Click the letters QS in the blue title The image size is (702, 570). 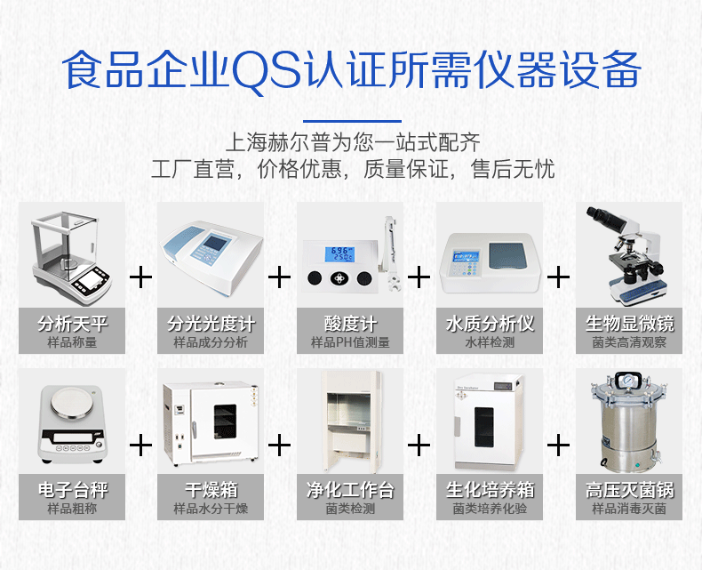point(267,72)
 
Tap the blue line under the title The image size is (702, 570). point(352,121)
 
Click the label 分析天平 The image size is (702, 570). point(73,323)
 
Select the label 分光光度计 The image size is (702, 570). point(211,323)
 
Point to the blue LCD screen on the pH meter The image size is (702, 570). point(339,254)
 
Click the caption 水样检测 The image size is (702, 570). point(490,342)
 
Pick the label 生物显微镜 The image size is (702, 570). point(629,323)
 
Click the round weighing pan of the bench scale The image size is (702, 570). point(73,402)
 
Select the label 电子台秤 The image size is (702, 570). point(73,489)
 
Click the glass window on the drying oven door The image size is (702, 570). point(225,421)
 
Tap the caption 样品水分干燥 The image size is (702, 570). point(211,509)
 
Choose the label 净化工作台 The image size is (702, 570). point(350,489)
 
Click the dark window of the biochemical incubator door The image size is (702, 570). point(484,427)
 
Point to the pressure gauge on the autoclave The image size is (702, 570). point(628,380)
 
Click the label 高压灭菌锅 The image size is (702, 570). point(629,489)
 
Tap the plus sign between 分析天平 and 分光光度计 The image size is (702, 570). point(140,277)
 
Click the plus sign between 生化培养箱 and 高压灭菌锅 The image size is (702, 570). point(558,446)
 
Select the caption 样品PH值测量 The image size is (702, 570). point(350,342)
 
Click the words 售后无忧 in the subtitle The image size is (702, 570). point(513,169)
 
